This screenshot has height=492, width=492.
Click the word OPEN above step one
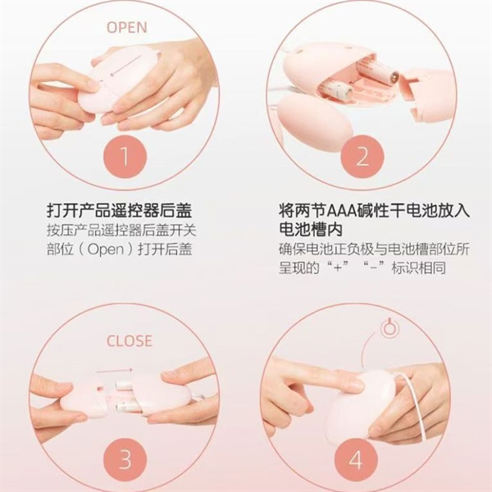pos(127,27)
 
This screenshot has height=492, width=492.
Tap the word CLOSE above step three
pos(130,341)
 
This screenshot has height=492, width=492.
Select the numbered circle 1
pos(125,157)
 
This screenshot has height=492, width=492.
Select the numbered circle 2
pos(362,157)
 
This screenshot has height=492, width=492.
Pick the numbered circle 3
pos(125,460)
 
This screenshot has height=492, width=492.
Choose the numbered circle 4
pos(356,460)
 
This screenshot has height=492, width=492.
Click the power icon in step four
pos(389,328)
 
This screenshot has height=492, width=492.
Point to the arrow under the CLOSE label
pos(114,371)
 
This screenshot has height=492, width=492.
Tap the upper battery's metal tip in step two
pos(394,77)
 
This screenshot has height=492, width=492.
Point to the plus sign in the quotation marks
pos(338,269)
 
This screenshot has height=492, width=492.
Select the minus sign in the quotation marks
pos(373,269)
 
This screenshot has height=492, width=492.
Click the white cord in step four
pos(417,408)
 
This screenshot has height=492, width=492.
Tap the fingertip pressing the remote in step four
pos(358,385)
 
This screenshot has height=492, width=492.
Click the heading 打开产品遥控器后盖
pos(119,211)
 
